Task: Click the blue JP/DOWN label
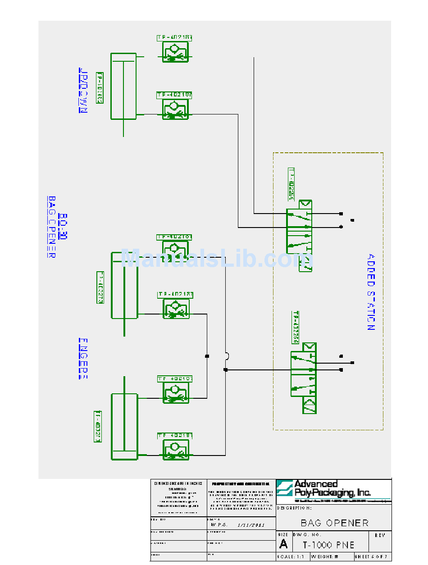(x=83, y=90)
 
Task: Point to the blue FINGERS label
(x=83, y=358)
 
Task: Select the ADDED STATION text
(x=370, y=292)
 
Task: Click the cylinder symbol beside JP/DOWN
(x=123, y=86)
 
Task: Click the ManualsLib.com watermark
(x=216, y=260)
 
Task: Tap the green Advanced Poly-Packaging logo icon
(x=285, y=488)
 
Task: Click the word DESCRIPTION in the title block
(x=294, y=508)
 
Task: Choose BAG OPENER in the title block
(x=334, y=523)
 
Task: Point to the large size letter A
(x=283, y=544)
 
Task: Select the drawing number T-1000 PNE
(x=328, y=545)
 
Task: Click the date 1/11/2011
(x=250, y=525)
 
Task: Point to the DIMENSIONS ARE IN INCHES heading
(x=178, y=483)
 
